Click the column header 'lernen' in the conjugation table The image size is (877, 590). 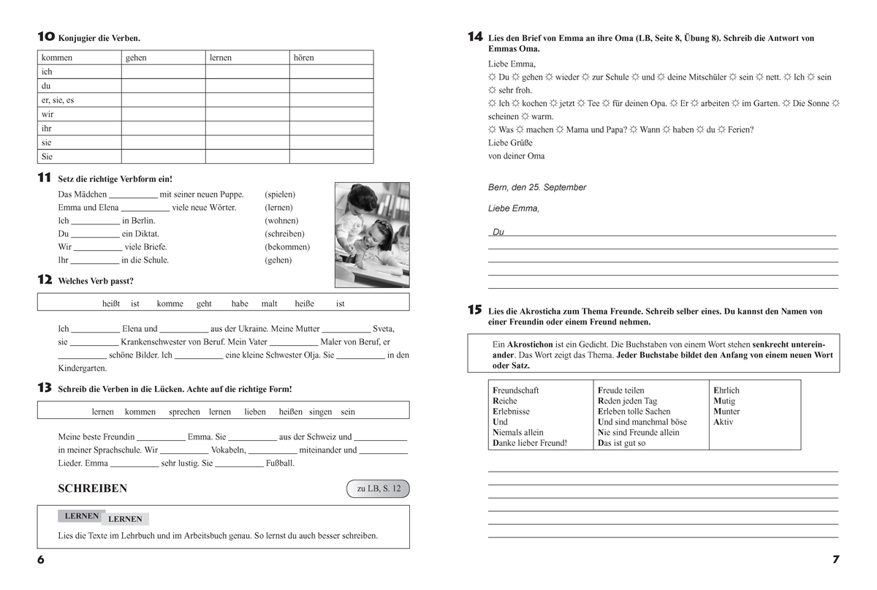(x=221, y=58)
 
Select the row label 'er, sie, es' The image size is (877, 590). (x=58, y=100)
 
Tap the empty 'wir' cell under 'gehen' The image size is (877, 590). (x=163, y=114)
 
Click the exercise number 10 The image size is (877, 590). (x=45, y=37)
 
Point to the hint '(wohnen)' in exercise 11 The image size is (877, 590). (x=281, y=221)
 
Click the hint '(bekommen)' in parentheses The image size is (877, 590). (x=286, y=247)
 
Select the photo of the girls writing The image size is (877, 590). (x=372, y=235)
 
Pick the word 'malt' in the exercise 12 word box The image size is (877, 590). (x=269, y=303)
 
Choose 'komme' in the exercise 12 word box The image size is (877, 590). (x=170, y=303)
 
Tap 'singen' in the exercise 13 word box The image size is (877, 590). (x=321, y=412)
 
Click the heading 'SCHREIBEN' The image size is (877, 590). (x=92, y=489)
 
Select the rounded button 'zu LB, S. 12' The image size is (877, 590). (x=379, y=489)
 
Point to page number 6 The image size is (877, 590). (x=41, y=560)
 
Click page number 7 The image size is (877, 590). (x=836, y=560)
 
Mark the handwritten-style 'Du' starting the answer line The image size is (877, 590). (x=498, y=232)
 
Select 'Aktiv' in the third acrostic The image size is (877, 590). (x=724, y=422)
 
